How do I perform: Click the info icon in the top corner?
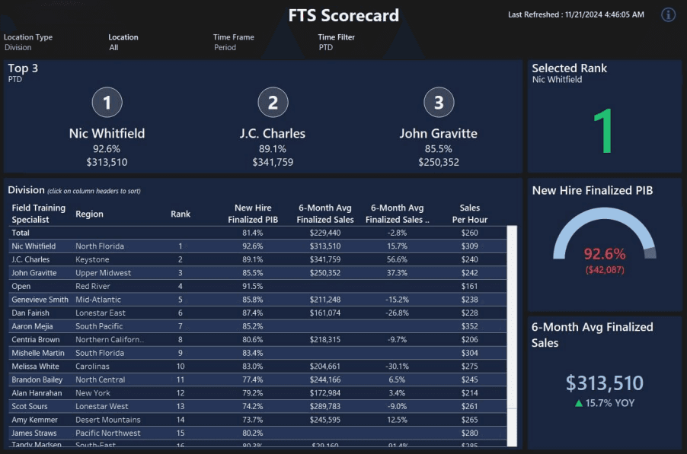(669, 14)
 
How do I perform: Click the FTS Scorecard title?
(343, 16)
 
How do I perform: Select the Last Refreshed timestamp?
(576, 14)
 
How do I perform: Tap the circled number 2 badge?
(273, 103)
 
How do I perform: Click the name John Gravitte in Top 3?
(438, 133)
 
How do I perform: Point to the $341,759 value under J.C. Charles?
(273, 162)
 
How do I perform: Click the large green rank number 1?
(603, 131)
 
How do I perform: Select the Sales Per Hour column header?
(469, 214)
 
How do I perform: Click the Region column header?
(89, 214)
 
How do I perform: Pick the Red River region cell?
(94, 286)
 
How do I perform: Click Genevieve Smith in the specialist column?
(40, 300)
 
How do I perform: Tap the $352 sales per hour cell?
(469, 326)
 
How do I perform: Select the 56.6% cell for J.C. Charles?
(396, 259)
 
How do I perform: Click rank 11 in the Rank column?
(181, 379)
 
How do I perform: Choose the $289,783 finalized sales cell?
(324, 406)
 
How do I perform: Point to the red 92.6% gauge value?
(605, 254)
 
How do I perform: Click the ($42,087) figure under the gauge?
(605, 269)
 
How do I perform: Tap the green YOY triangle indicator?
(579, 403)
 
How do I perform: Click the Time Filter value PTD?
(326, 47)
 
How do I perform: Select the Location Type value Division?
(18, 47)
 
